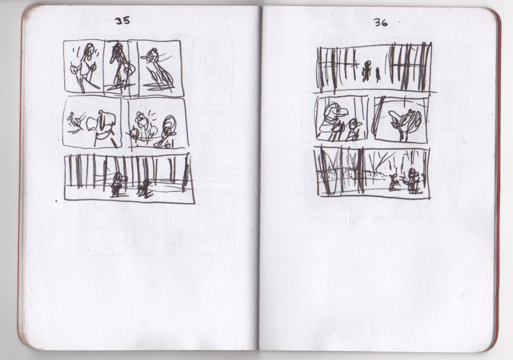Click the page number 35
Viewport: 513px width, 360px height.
(x=122, y=21)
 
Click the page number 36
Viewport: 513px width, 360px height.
(x=381, y=23)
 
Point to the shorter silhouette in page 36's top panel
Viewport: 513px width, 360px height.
(x=378, y=75)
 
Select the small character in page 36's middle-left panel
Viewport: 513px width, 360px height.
(x=354, y=129)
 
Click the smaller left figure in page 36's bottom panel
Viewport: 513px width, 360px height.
(x=393, y=183)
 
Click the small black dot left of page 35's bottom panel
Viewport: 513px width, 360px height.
(x=57, y=201)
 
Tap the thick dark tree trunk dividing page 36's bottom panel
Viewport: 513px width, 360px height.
(x=361, y=170)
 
